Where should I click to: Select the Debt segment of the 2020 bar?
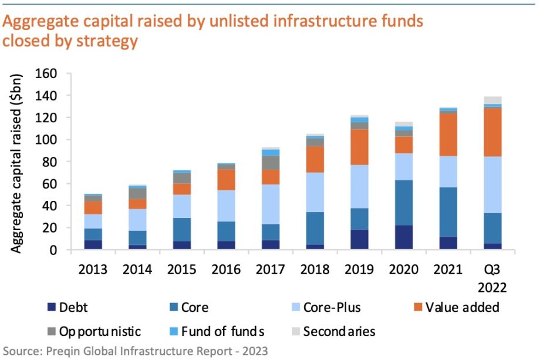coord(404,237)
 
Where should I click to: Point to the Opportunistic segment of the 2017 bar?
coord(271,163)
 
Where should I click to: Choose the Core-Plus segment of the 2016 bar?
coord(227,206)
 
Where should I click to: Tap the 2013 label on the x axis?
coord(93,270)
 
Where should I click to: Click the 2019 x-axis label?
coord(360,270)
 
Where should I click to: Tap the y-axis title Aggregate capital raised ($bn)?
coord(18,164)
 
